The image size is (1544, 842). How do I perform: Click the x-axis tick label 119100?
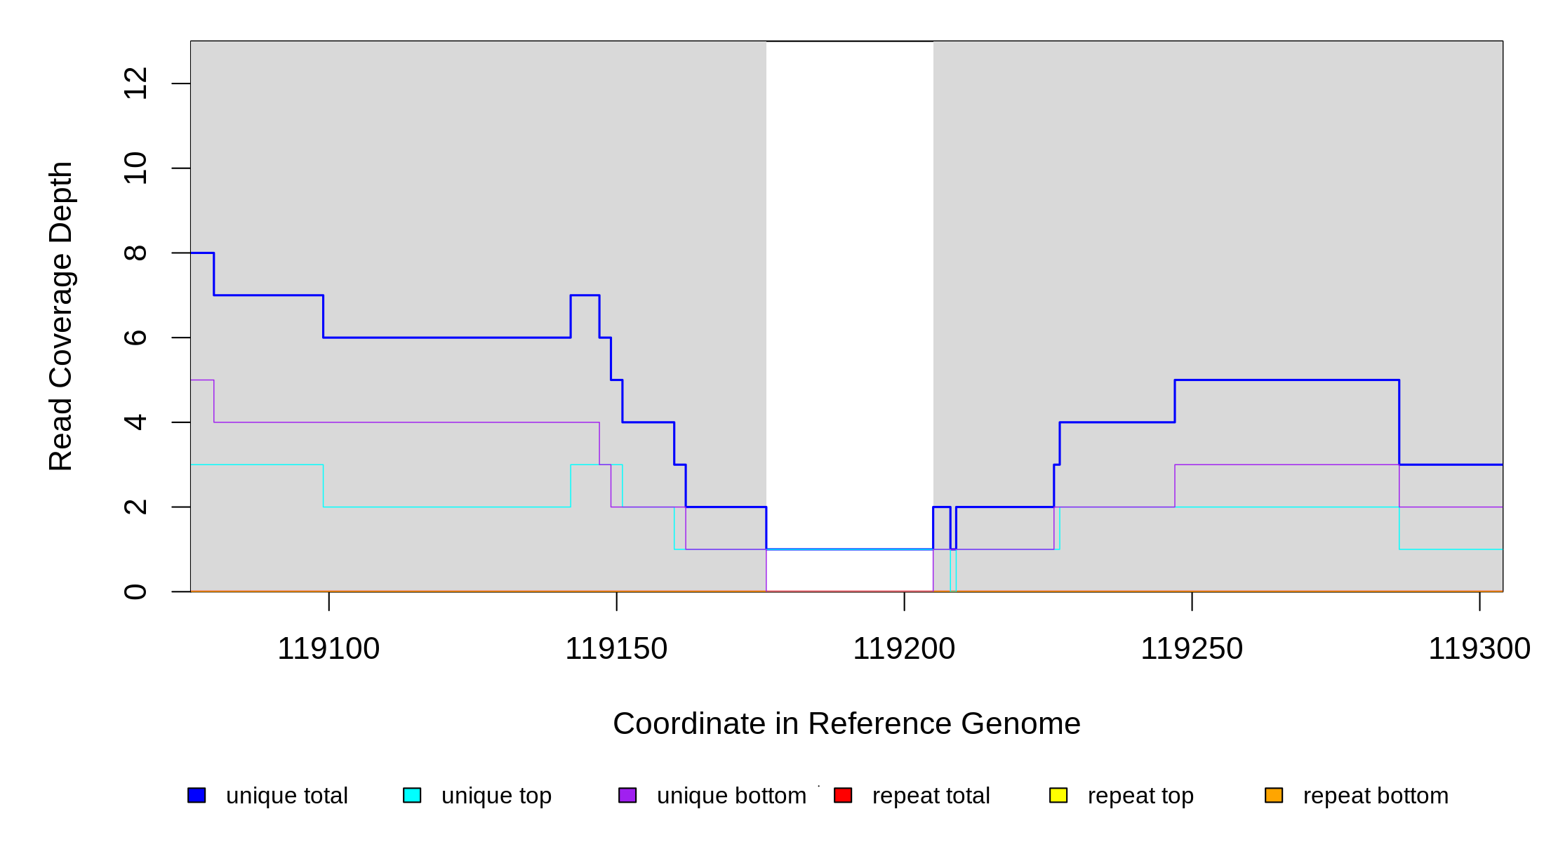tap(328, 649)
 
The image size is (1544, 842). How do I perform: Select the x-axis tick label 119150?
tap(616, 649)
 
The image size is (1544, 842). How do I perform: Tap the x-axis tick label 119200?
tap(904, 649)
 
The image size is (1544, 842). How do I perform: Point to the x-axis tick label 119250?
tap(1192, 649)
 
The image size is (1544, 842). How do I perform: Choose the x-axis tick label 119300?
tap(1479, 649)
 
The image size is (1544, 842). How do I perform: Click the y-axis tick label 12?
tap(135, 83)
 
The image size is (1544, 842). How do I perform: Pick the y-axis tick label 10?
tap(135, 168)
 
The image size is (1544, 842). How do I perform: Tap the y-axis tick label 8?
tap(135, 253)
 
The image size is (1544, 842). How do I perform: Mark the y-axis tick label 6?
tap(135, 338)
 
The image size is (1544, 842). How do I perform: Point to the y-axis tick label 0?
tap(135, 592)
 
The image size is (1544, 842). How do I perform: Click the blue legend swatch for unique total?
tap(197, 795)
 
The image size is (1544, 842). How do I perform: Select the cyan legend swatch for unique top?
tap(412, 795)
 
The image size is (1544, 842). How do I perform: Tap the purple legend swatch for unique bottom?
tap(627, 795)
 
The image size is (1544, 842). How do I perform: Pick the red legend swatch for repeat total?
tap(843, 795)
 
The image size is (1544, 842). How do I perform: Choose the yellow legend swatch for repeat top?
tap(1058, 795)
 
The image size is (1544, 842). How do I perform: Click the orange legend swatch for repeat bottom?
tap(1274, 795)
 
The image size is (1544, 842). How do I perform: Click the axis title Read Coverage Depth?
tap(60, 316)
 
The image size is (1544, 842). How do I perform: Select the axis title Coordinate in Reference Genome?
tap(846, 723)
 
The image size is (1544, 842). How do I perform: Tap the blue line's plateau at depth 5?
tap(1286, 380)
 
